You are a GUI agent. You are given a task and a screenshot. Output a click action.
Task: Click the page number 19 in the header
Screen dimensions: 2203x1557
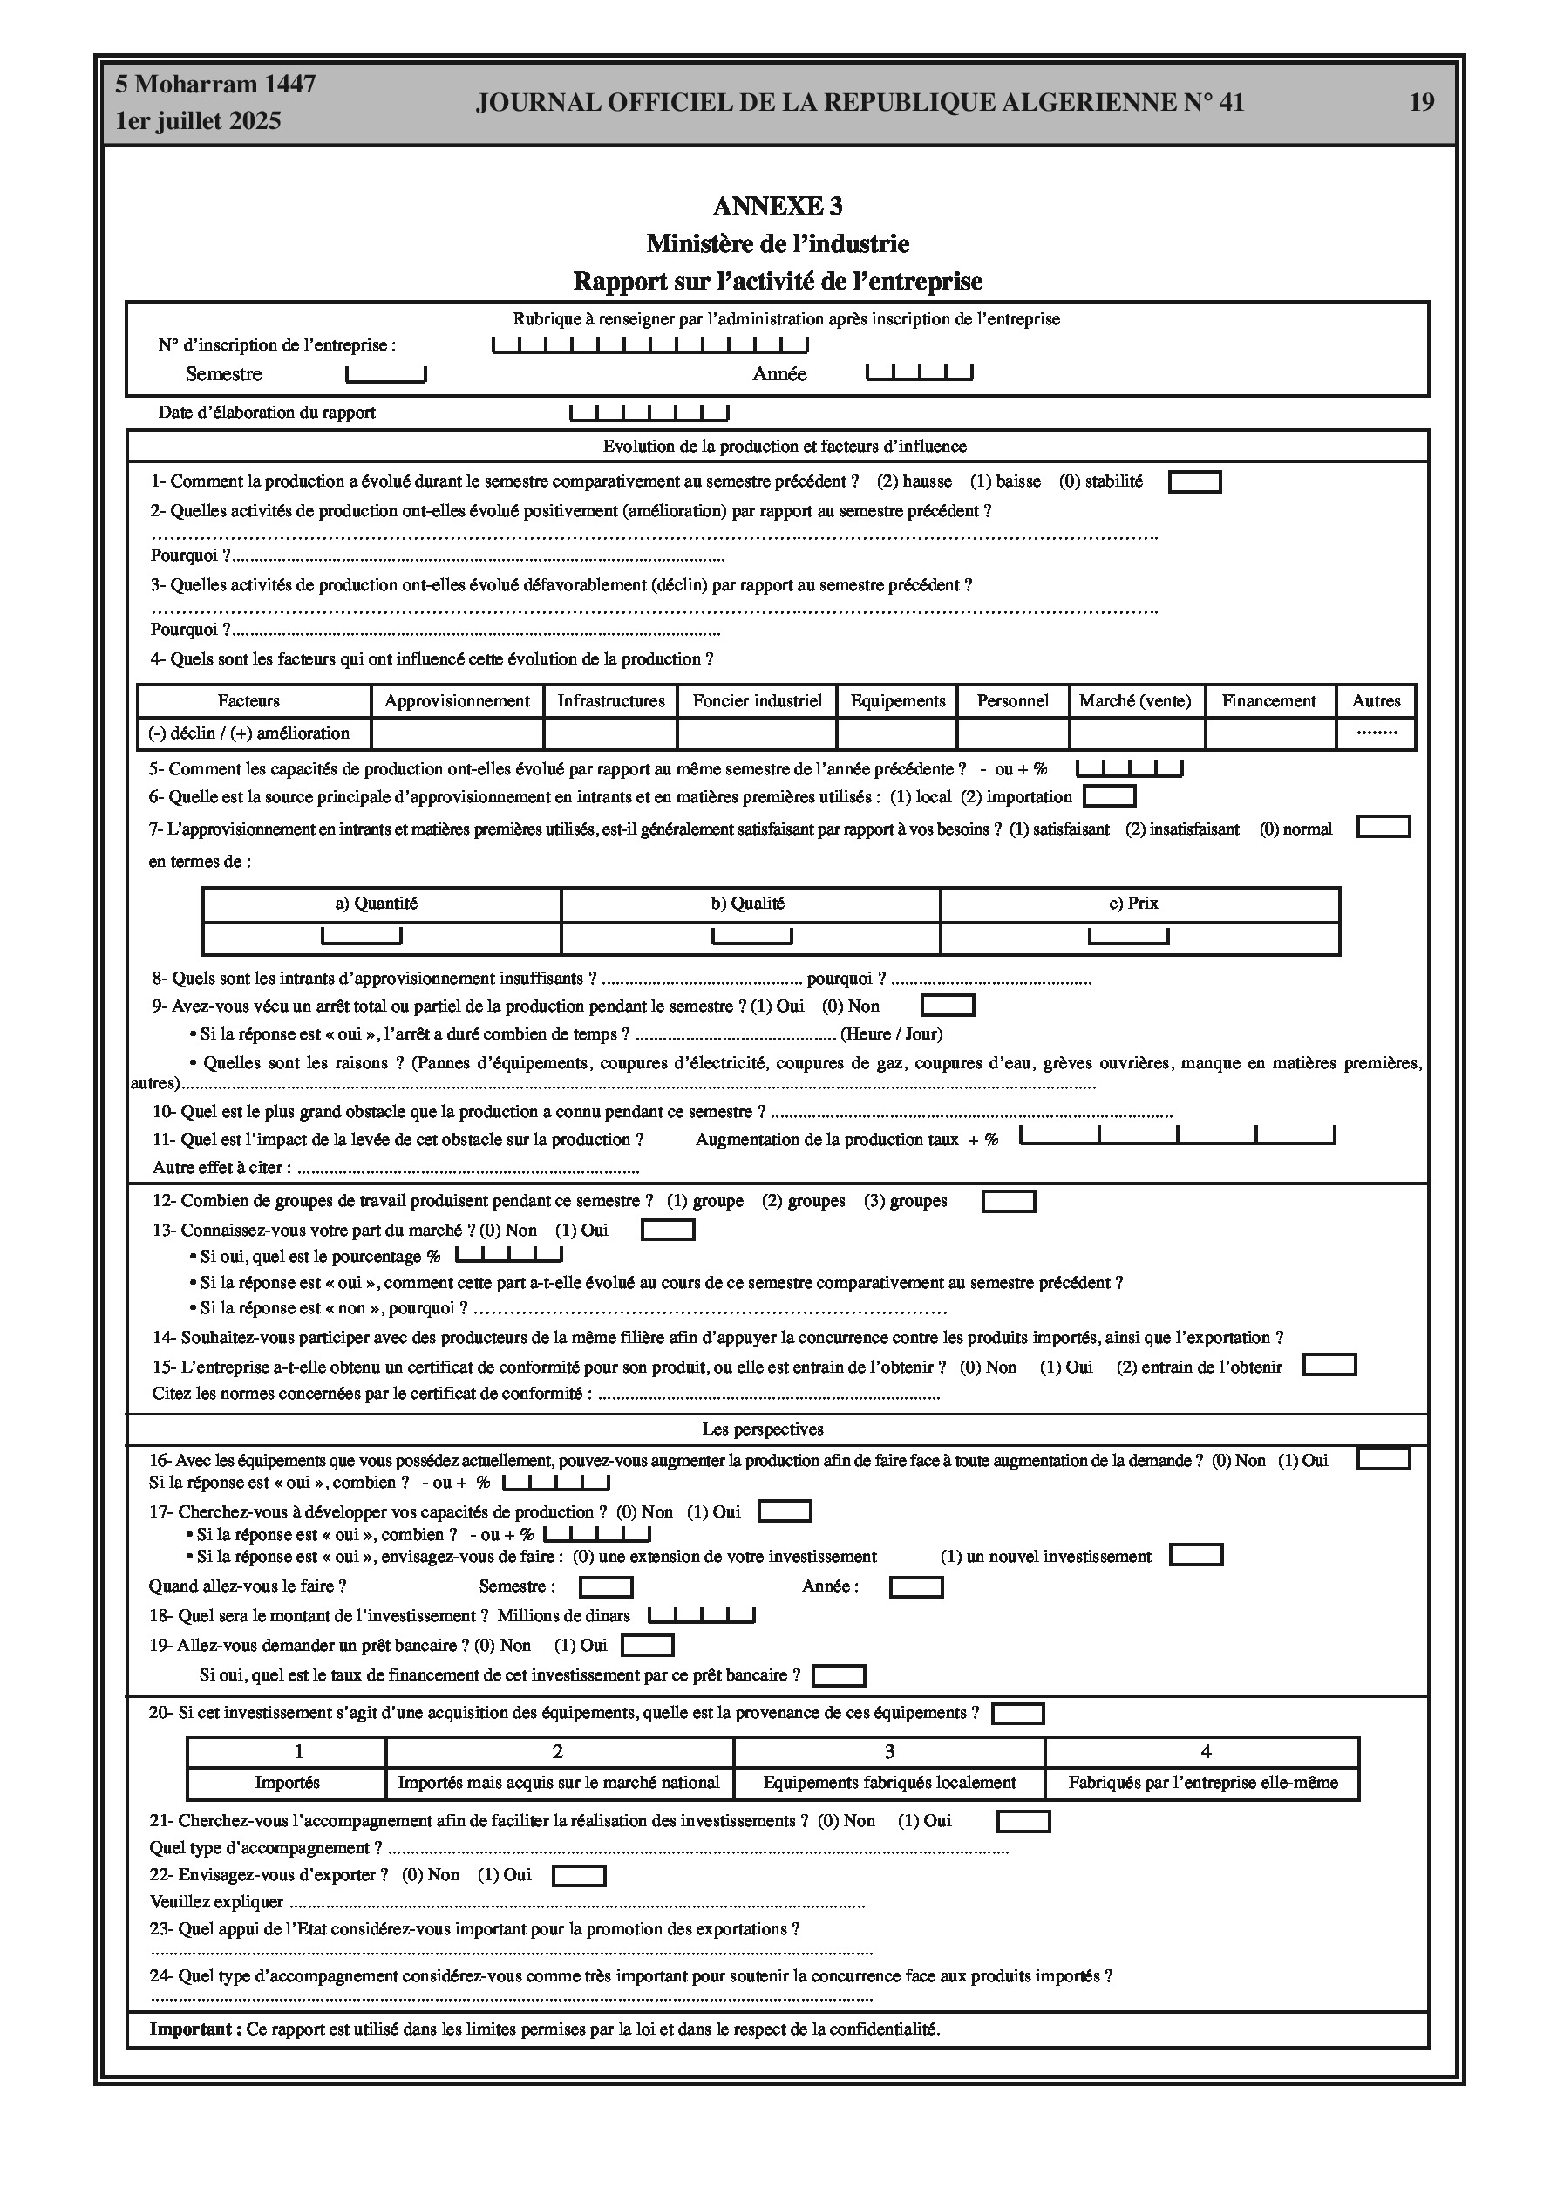tap(1421, 103)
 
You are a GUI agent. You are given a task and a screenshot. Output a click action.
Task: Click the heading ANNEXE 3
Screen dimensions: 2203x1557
tap(777, 207)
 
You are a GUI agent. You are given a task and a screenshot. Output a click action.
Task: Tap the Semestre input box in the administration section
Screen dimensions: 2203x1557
tap(385, 374)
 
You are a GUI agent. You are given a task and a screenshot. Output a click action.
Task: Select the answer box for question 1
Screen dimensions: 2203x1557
tap(1194, 481)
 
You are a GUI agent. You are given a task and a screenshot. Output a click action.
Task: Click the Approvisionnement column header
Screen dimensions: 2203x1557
tap(457, 701)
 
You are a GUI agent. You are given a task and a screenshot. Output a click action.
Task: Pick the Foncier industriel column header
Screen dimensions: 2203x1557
tap(757, 701)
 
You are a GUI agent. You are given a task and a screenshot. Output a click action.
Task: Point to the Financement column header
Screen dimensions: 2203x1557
tap(1268, 701)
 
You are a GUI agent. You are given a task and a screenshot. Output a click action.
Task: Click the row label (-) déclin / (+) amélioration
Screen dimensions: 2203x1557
tap(249, 733)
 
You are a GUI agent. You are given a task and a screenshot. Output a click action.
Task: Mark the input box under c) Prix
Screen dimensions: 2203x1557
tap(1128, 936)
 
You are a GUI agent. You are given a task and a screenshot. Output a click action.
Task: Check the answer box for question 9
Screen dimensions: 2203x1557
tap(948, 1006)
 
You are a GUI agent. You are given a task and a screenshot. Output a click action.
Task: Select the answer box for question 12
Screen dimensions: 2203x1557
tap(1009, 1201)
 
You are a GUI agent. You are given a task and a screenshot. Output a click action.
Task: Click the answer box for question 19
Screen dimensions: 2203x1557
tap(648, 1646)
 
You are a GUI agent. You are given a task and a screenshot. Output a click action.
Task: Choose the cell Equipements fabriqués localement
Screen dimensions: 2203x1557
tap(889, 1783)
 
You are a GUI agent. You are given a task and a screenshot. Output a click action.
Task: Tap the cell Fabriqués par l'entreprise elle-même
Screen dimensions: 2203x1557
tap(1203, 1783)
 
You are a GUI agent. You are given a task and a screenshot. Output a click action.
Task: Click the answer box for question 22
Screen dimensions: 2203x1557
tap(580, 1875)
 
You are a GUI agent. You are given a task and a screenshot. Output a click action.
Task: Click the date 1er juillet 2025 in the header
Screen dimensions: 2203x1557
tap(199, 122)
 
